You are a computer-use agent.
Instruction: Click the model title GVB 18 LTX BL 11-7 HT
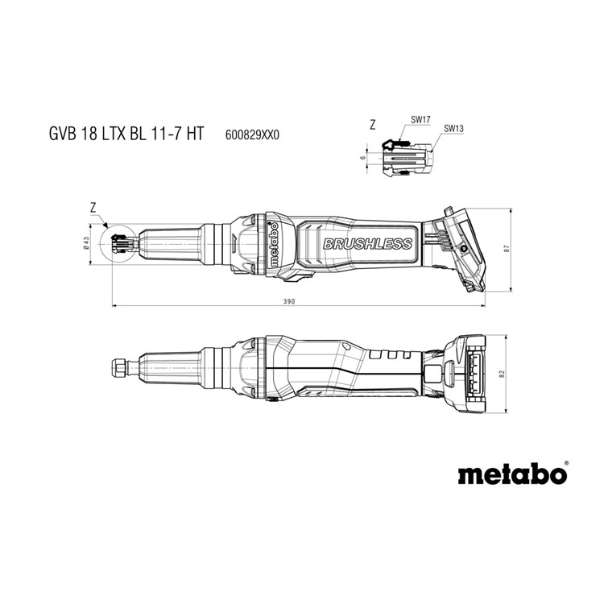126,134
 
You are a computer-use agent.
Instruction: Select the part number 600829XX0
252,135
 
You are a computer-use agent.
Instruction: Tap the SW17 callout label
420,120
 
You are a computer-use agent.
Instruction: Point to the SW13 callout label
453,129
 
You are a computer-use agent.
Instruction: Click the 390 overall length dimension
288,302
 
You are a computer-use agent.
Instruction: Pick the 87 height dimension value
507,249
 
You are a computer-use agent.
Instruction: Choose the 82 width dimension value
501,374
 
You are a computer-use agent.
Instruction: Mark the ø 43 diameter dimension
86,243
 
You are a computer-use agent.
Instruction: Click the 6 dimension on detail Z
362,158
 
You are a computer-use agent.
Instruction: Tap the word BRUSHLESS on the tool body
367,244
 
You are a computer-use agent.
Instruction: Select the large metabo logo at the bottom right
512,474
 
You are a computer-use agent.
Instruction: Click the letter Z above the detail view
372,125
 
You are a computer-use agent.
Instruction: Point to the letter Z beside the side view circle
93,209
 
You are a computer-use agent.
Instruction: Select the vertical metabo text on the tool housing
274,245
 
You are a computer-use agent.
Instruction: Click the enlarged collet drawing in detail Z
407,157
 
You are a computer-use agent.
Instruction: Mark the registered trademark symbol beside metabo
565,462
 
